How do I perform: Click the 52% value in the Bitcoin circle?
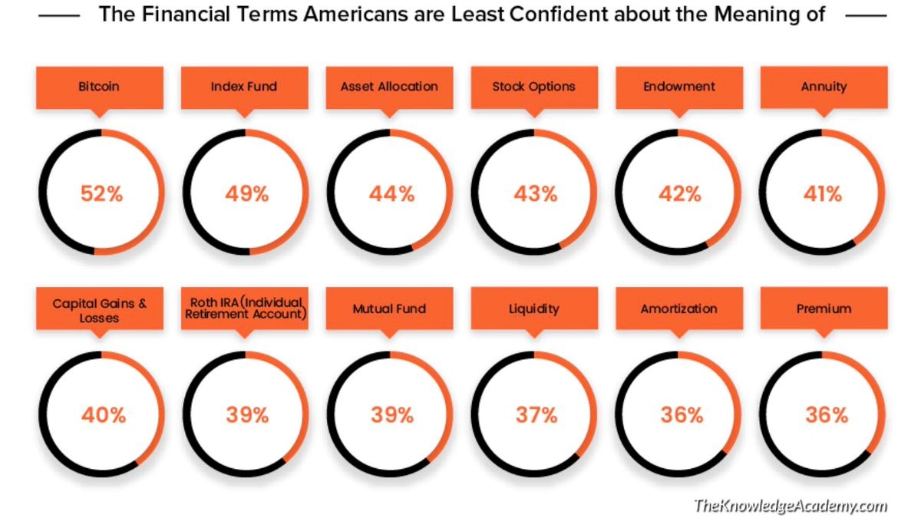tap(101, 193)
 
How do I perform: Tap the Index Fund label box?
tap(245, 87)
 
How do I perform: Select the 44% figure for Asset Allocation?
tap(391, 193)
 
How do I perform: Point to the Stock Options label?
tap(534, 87)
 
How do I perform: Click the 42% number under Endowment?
tap(680, 193)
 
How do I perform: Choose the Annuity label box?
tap(824, 87)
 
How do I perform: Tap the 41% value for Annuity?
tap(823, 193)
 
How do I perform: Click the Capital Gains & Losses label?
tap(99, 309)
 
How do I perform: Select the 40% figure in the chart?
tap(103, 415)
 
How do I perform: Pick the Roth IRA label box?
tap(245, 308)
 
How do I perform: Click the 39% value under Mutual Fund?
tap(391, 415)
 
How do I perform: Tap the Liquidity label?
tap(534, 309)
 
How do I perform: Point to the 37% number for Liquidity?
tap(536, 415)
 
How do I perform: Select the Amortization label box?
tap(679, 309)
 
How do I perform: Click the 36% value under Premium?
tap(826, 415)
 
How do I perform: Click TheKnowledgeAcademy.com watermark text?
tap(791, 505)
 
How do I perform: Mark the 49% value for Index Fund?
tap(246, 193)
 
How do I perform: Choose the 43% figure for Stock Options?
tap(535, 193)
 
